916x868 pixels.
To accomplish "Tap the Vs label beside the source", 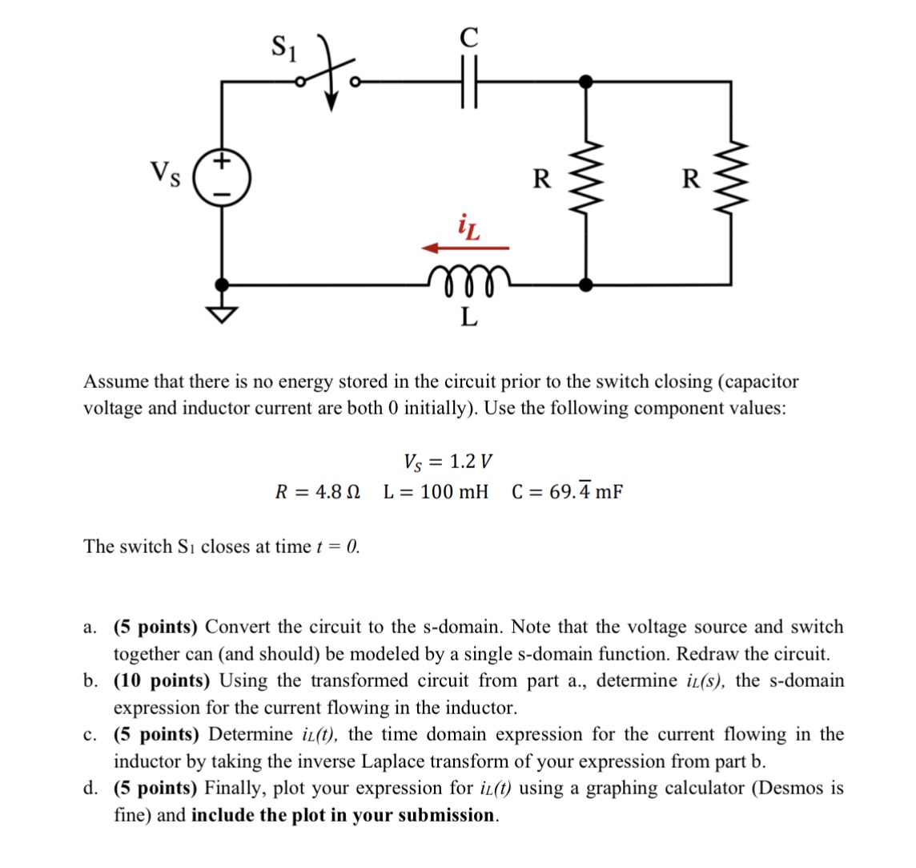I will (166, 172).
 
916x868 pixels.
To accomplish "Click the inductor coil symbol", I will (468, 278).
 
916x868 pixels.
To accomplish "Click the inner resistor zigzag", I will (586, 181).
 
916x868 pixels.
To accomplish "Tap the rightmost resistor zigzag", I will (729, 181).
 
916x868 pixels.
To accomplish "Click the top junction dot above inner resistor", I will (586, 81).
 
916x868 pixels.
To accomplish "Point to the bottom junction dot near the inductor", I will (586, 284).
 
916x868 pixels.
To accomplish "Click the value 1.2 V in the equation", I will (471, 462).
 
